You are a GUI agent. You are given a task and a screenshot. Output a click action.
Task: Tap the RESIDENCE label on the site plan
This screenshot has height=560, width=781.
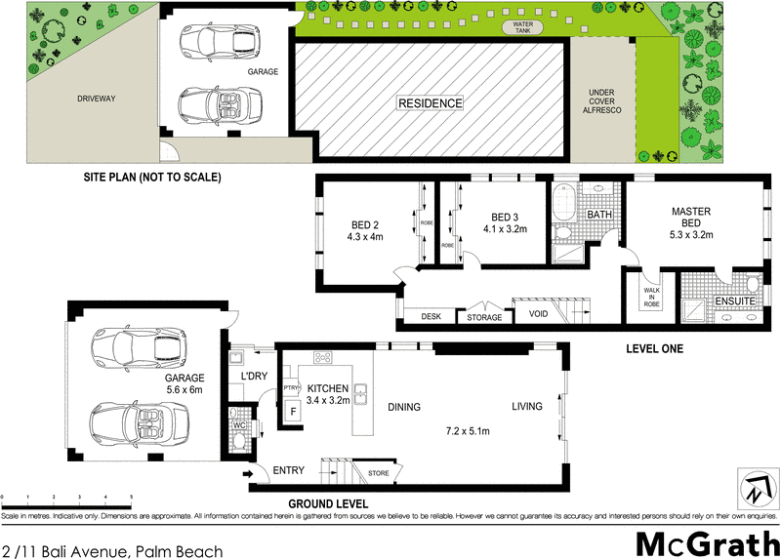point(430,102)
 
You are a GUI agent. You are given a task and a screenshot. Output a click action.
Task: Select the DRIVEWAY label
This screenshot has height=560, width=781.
point(97,99)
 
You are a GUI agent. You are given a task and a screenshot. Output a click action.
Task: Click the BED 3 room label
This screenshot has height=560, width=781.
point(505,217)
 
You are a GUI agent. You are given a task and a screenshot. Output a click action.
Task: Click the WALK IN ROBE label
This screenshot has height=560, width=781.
point(652,297)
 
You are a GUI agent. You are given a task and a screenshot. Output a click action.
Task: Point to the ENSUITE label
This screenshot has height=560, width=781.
point(732,303)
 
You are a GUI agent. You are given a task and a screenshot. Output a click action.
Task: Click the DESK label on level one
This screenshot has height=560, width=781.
point(431,317)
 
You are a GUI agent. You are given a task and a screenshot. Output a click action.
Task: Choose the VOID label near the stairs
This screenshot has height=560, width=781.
point(538,315)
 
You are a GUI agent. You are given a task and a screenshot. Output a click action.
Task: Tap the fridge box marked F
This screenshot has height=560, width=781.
point(292,413)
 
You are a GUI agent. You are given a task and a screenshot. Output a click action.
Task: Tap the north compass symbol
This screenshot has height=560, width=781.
point(753,487)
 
